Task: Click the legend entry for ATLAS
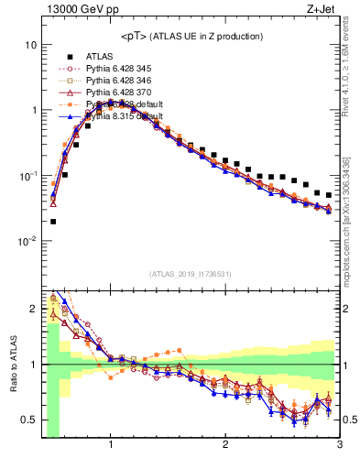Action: point(100,56)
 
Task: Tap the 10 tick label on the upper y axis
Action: point(31,45)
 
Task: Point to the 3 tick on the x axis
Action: point(339,444)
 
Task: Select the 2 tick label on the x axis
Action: point(225,444)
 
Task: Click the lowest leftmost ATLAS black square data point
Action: point(53,221)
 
